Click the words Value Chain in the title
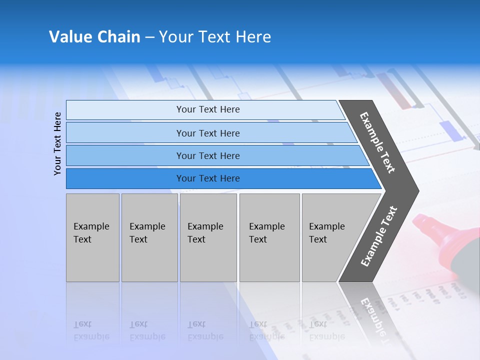click(x=94, y=37)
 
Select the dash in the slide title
click(x=149, y=37)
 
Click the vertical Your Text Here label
click(x=57, y=143)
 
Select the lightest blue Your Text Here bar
click(x=207, y=109)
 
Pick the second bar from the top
click(x=207, y=133)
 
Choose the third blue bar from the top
click(x=207, y=155)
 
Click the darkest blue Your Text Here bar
click(x=207, y=178)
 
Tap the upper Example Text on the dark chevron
click(x=377, y=142)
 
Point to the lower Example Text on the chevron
click(x=379, y=236)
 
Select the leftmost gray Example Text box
click(x=92, y=237)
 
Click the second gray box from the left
click(x=149, y=237)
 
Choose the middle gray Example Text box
click(x=208, y=237)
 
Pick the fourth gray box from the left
click(x=269, y=237)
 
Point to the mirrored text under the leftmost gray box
click(x=91, y=330)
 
